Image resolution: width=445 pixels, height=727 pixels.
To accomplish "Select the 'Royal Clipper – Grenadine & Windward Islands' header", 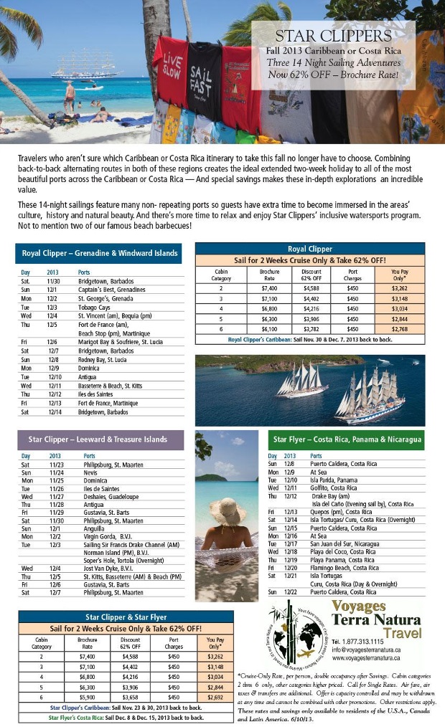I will click(x=98, y=253).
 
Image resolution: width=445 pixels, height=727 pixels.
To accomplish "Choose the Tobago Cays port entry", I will click(x=97, y=306).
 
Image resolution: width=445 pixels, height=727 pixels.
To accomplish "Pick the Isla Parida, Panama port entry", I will click(x=337, y=480).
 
